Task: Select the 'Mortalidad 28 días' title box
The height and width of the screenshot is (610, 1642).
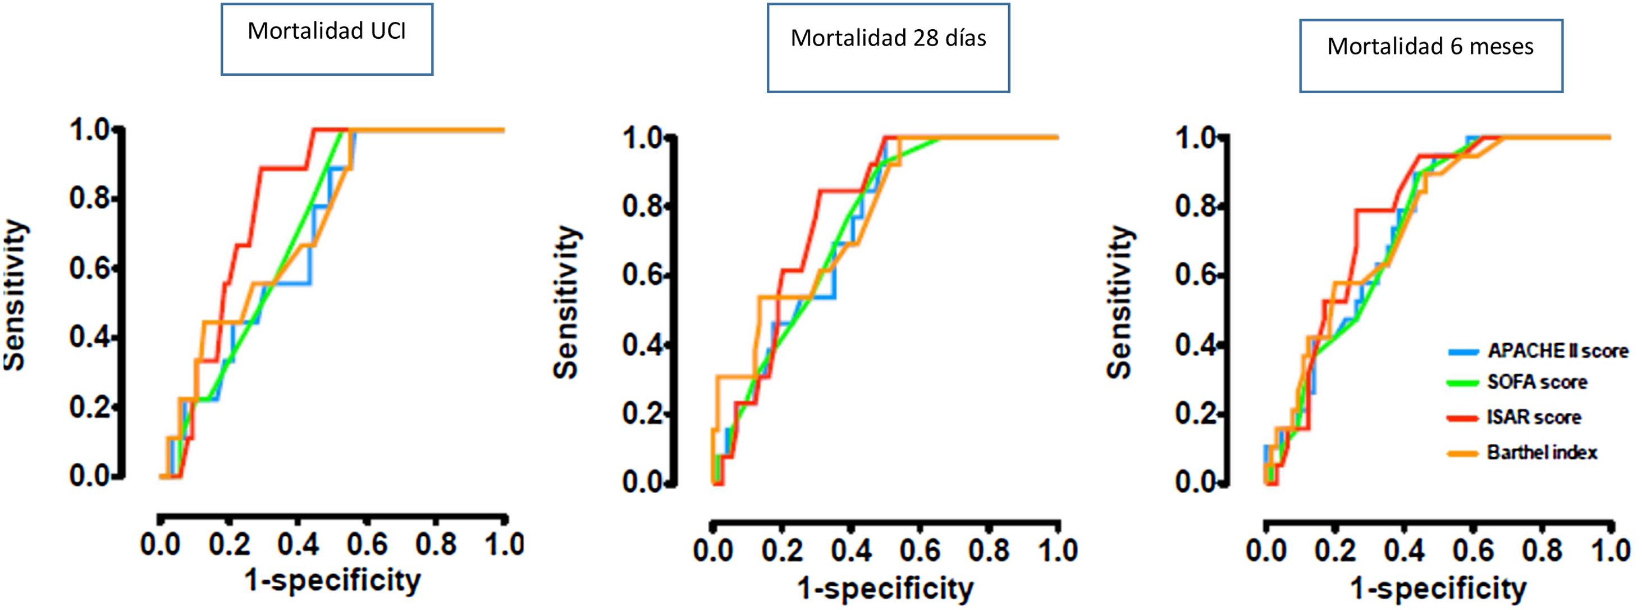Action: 888,48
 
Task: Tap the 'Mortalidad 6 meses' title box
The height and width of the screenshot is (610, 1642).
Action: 1430,56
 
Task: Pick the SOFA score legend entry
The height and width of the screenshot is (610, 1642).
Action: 1537,382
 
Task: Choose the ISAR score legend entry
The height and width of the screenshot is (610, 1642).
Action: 1534,417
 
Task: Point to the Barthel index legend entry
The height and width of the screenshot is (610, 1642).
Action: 1542,452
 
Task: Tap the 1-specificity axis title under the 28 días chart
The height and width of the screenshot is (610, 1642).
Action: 885,588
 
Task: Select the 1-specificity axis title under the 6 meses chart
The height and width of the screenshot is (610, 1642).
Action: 1439,588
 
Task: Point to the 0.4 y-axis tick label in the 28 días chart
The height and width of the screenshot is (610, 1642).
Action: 643,346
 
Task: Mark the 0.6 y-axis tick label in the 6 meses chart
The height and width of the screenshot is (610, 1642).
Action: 1196,276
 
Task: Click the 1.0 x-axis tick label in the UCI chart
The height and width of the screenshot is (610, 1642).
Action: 504,544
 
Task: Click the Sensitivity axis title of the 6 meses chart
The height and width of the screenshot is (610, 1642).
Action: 1120,302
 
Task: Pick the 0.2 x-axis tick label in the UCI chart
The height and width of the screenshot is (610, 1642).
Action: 230,544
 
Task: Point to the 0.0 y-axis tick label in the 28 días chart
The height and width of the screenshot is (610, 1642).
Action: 643,483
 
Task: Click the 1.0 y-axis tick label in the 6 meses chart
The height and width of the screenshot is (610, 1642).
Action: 1196,138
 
